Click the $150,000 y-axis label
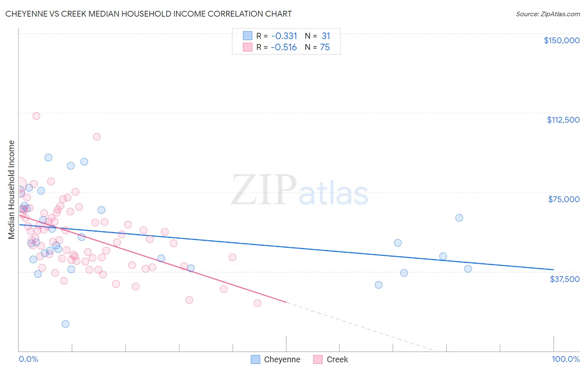(561, 40)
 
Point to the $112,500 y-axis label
(563, 120)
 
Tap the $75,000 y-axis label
(563, 199)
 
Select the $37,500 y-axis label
(564, 279)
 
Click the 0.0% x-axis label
(28, 359)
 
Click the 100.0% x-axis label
(565, 359)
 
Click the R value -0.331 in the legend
(284, 36)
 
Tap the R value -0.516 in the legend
(284, 47)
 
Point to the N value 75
(325, 47)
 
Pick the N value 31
(325, 36)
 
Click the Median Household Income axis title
(11, 189)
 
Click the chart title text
(149, 14)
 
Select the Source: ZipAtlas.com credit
(548, 14)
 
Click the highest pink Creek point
(36, 116)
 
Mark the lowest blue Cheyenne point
(65, 324)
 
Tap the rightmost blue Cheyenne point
(468, 269)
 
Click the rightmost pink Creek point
(258, 303)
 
